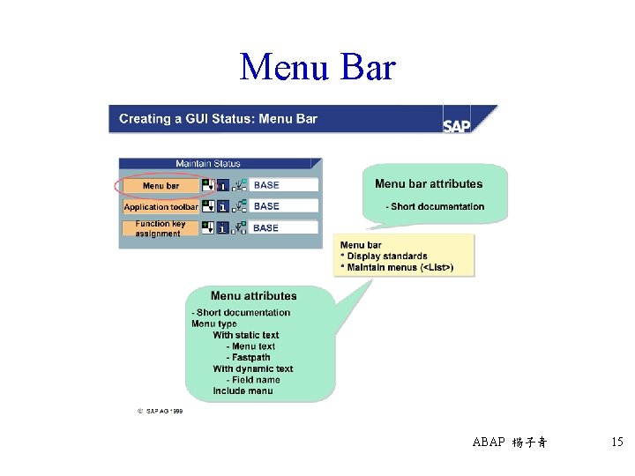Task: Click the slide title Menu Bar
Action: coord(317,67)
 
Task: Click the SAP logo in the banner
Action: coord(457,124)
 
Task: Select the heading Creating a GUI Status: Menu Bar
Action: coord(218,119)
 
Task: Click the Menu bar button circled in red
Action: coord(161,186)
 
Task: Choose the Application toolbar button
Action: coord(161,207)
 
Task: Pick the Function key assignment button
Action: coord(161,228)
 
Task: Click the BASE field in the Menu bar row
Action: coord(283,185)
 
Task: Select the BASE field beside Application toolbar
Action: coord(283,206)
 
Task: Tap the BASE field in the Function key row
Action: coord(283,227)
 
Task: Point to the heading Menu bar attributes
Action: coord(429,184)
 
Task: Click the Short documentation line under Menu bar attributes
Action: coord(436,207)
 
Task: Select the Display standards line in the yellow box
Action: coord(386,257)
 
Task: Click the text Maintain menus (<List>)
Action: coord(400,267)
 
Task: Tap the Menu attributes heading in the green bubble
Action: coord(254,296)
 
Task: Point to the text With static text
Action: coord(246,335)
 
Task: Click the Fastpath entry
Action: coord(251,358)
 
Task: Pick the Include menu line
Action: coord(243,391)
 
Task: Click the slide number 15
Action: coord(616,442)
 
